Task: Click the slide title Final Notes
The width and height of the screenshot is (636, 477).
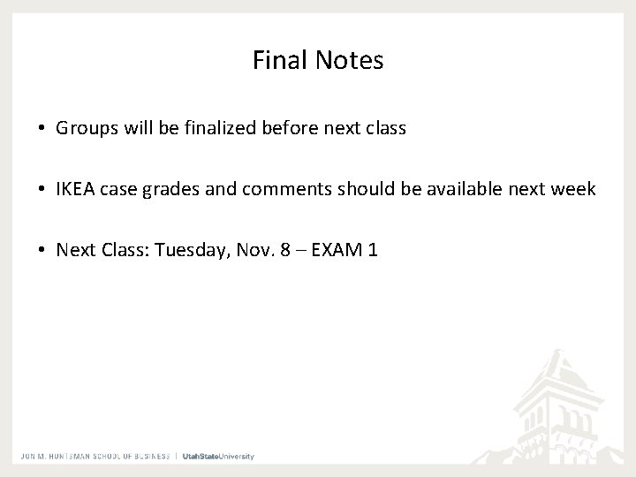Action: [318, 60]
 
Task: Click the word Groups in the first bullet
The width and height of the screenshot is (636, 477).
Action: [84, 128]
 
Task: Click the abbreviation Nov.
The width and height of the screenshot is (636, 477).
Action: [251, 250]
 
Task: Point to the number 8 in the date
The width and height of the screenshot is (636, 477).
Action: [284, 250]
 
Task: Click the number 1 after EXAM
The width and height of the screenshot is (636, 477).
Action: [375, 250]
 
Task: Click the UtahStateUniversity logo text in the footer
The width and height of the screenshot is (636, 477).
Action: [218, 457]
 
